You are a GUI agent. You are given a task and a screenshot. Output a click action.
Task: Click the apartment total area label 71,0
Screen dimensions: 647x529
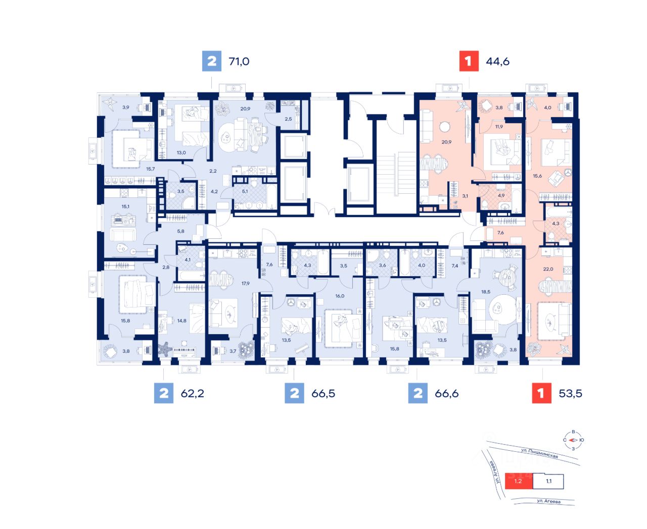tap(239, 62)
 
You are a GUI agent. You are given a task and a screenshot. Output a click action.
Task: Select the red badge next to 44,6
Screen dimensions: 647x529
tap(468, 61)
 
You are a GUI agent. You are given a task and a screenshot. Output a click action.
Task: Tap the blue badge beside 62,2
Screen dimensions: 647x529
tap(164, 393)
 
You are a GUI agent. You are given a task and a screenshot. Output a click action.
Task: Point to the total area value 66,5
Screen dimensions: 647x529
tap(323, 393)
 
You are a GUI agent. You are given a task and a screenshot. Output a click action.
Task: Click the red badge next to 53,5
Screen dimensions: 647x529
tap(541, 393)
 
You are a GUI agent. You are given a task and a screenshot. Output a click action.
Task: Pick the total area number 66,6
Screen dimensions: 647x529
tap(446, 393)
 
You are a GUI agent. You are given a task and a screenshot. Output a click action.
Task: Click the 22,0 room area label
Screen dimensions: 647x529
tap(548, 269)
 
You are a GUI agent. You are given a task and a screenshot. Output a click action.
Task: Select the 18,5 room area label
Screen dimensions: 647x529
tap(486, 292)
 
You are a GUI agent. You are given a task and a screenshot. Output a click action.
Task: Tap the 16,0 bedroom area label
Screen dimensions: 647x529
tap(340, 296)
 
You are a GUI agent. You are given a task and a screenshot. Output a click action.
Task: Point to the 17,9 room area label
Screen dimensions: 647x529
tap(246, 284)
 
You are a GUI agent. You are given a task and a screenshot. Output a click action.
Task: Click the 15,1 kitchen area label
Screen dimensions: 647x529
tap(125, 206)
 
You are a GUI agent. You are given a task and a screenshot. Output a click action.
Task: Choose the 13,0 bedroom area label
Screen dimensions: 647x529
tap(181, 152)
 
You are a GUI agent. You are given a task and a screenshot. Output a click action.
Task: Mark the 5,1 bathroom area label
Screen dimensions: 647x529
tap(245, 191)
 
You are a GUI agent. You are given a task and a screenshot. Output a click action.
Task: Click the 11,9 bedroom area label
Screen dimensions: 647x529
tap(499, 127)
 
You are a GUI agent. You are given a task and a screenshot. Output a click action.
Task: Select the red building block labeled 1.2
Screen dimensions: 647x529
tap(518, 481)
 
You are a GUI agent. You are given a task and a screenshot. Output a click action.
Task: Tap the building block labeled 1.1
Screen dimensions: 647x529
tap(548, 481)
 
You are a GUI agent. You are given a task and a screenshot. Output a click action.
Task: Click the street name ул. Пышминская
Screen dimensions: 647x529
tap(539, 453)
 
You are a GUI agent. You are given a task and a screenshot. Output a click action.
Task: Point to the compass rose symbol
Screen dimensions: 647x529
tap(573, 440)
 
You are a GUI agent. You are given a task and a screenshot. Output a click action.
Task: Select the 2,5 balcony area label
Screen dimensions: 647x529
tap(288, 119)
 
